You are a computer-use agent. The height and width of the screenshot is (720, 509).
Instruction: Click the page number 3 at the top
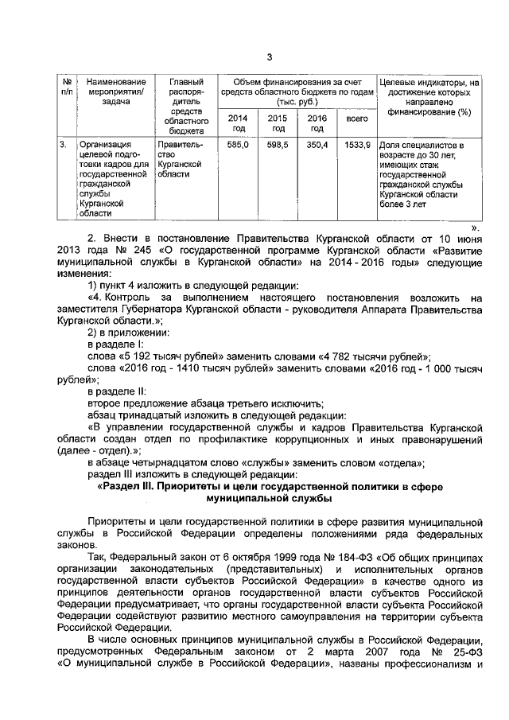pos(269,56)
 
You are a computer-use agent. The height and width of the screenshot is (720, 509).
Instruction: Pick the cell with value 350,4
pos(317,146)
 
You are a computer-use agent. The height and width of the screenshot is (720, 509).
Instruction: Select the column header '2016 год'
pos(317,123)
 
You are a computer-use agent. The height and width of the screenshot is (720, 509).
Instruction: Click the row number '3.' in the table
pos(63,146)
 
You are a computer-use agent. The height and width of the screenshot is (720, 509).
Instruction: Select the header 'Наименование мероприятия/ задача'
pos(116,92)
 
